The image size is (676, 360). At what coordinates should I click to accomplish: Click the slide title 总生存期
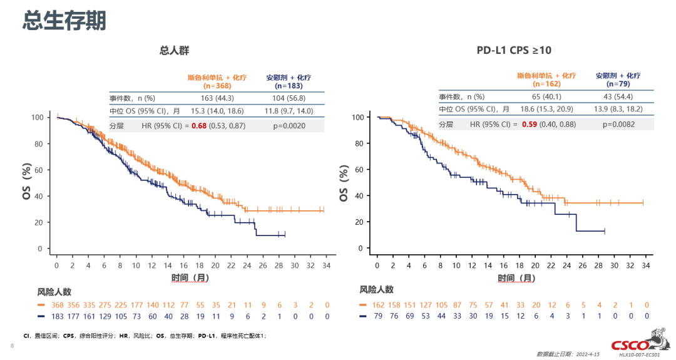tap(64, 21)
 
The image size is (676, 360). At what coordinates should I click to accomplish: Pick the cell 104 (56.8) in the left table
tap(289, 98)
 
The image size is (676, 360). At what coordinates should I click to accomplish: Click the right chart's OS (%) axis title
tap(343, 183)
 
